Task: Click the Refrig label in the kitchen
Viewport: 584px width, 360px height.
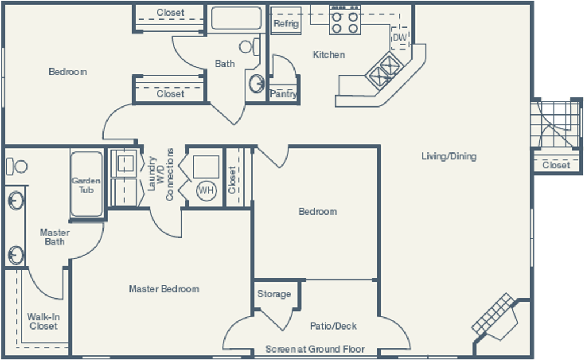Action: [x=286, y=24]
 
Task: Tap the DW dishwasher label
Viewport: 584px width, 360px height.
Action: [x=400, y=37]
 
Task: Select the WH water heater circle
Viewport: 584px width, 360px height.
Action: [x=207, y=190]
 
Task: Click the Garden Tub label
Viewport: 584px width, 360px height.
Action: [x=86, y=185]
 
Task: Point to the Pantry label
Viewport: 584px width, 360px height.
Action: [x=284, y=94]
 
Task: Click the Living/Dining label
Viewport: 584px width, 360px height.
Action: [x=449, y=156]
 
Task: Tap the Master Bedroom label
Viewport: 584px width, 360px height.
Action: [x=164, y=289]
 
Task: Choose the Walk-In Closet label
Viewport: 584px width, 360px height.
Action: [x=44, y=321]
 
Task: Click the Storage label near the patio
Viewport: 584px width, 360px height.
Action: [x=274, y=294]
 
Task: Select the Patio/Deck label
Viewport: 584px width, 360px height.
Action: [x=333, y=326]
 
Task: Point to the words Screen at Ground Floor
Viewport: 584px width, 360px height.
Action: [x=315, y=349]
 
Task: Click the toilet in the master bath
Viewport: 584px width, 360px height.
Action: [x=17, y=166]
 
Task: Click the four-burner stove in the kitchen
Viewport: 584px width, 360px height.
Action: [x=345, y=21]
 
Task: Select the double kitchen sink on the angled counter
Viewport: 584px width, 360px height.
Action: [x=385, y=71]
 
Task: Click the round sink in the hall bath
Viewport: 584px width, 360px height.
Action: [x=257, y=83]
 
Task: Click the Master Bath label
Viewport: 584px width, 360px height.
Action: [x=55, y=237]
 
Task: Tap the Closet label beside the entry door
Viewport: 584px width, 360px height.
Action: [x=556, y=165]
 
